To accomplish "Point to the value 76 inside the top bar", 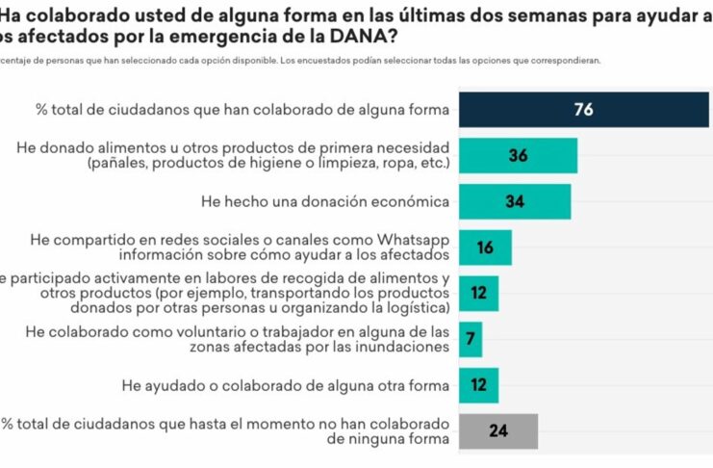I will pos(583,109).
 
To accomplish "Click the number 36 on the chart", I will pos(518,155).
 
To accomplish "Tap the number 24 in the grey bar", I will pos(497,431).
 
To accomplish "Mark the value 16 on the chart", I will pos(484,247).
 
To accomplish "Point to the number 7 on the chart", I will pos(470,340).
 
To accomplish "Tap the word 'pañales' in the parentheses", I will pos(118,164).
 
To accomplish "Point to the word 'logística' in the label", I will pos(417,308).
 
